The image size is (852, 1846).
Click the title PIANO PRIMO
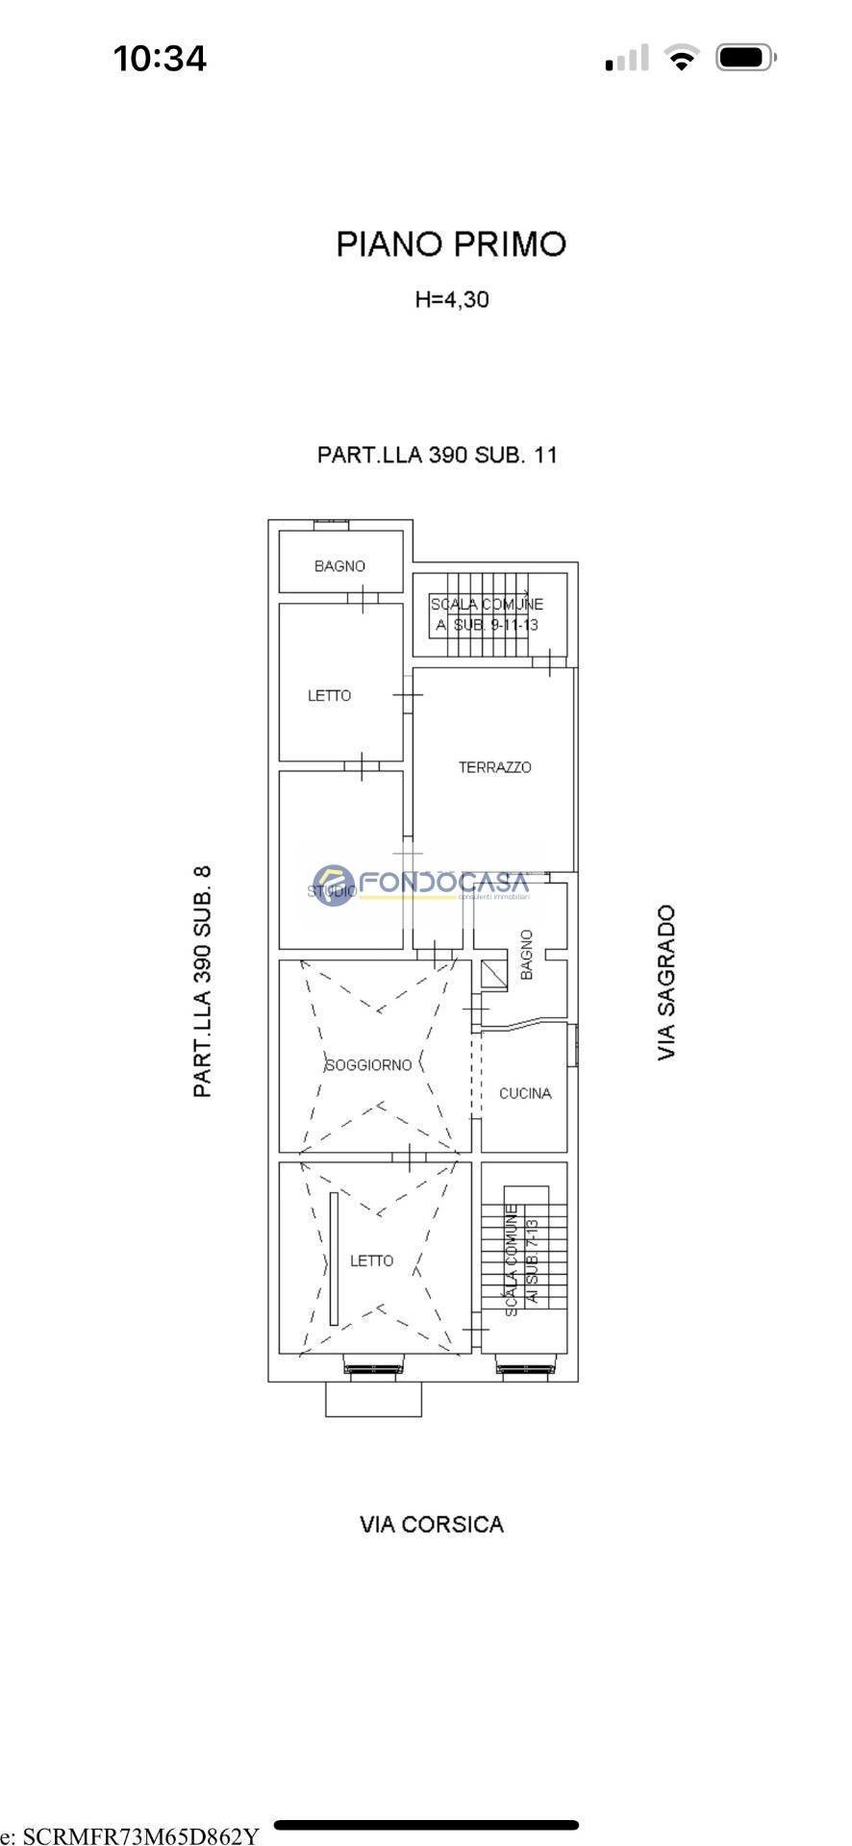pos(451,244)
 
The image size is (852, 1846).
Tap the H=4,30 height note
pos(452,299)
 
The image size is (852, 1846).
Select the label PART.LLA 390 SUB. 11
pos(438,454)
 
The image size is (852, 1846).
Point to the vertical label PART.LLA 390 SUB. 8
pos(202,981)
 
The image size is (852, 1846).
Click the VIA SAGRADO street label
pos(666,982)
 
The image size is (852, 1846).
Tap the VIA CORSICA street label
pos(432,1524)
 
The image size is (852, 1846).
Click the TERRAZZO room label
pos(494,767)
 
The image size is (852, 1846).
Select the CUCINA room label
pos(525,1093)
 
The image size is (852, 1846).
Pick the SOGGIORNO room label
pos(368,1064)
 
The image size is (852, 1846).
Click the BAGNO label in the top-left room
pos(339,566)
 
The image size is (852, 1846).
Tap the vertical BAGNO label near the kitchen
pos(526,954)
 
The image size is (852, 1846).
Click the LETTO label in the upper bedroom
pos(329,695)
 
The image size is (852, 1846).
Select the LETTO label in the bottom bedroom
pos(371,1260)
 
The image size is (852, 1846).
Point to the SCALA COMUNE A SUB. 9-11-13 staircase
pos(487,614)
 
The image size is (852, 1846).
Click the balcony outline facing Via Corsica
pos(373,1399)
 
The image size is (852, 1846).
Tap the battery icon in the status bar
pos(744,59)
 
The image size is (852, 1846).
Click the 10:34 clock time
pos(160,59)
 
